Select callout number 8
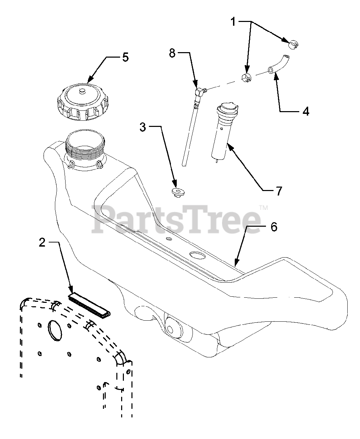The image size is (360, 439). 172,53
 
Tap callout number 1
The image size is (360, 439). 233,22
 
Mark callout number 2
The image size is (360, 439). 42,242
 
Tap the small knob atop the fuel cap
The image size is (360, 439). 82,91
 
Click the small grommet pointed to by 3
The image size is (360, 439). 178,192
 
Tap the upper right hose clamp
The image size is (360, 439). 292,45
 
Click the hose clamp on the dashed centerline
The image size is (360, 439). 246,78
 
